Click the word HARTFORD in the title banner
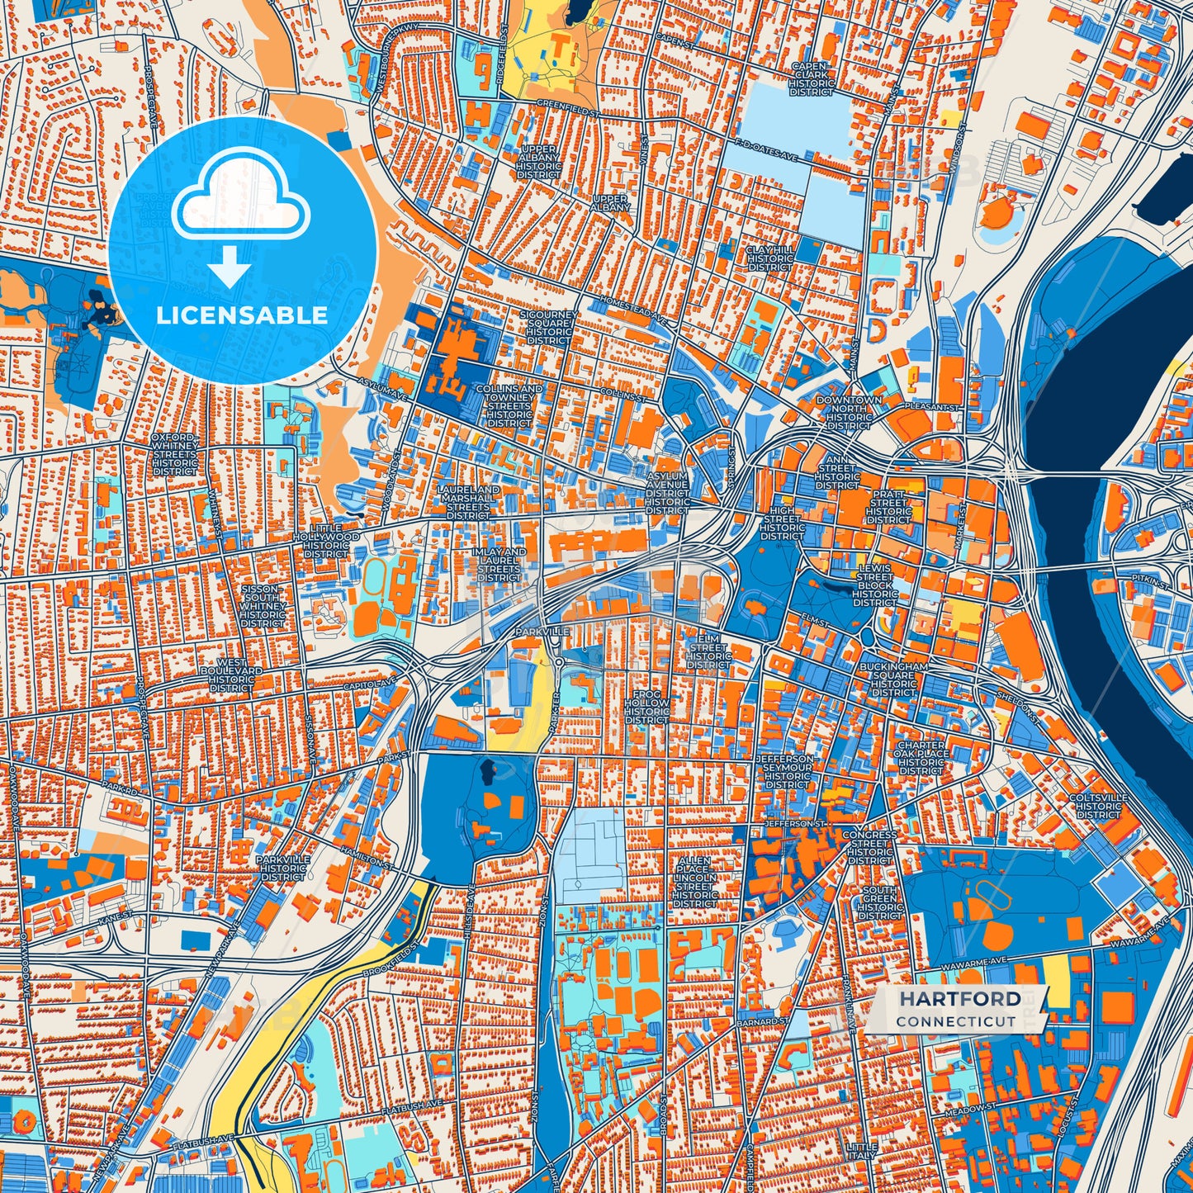pos(959,999)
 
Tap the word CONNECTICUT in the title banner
pos(956,1021)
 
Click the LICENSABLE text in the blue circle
pos(242,315)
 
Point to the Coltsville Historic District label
pos(1098,806)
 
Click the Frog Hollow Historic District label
pos(646,708)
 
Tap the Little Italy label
pos(862,1153)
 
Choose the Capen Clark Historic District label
pos(812,79)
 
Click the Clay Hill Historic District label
pos(770,258)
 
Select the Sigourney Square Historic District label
pos(548,328)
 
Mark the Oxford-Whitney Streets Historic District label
pos(174,454)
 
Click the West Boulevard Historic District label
pos(231,675)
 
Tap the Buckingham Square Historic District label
pos(893,679)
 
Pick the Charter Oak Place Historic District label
pos(921,758)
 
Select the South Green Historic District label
pos(879,903)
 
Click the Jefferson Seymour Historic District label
pos(788,772)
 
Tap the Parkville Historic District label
pos(283,868)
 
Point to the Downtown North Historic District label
pos(849,413)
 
